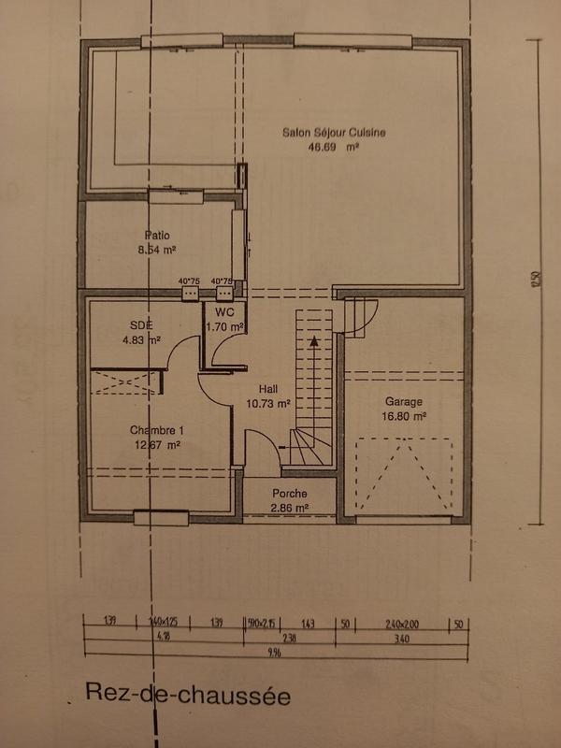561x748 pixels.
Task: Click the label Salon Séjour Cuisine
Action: point(334,133)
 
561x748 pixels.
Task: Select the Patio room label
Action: point(157,236)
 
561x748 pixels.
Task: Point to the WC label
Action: point(224,311)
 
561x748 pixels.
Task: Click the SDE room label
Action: point(141,325)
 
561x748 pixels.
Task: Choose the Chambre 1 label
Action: point(157,430)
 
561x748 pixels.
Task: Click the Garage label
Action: point(404,402)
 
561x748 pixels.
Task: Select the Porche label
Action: point(290,494)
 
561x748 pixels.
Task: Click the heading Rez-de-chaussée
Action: point(187,695)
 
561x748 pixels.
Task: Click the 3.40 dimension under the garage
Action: point(402,638)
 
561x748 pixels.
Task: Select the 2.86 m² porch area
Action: point(290,508)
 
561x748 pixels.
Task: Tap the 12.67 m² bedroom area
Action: point(157,445)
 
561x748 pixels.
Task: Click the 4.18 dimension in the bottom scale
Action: point(164,638)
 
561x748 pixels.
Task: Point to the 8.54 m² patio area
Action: point(157,251)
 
